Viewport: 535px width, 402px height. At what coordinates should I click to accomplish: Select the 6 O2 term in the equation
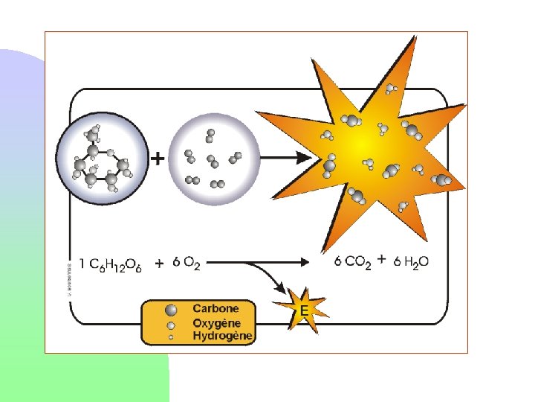pos(186,263)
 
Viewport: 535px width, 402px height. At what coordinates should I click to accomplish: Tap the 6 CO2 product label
pos(352,262)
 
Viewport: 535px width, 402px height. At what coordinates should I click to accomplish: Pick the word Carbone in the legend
pos(215,308)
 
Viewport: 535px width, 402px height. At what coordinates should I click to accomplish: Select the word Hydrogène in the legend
pos(223,336)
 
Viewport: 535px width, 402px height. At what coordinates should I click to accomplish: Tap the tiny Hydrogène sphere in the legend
pos(172,337)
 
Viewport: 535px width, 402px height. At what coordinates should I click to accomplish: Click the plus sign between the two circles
pos(158,159)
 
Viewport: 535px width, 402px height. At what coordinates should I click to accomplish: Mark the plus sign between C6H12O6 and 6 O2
pos(159,263)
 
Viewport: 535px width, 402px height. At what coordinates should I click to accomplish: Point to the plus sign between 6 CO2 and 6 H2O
pos(381,260)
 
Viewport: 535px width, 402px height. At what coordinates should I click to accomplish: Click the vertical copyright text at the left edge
pos(69,277)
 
